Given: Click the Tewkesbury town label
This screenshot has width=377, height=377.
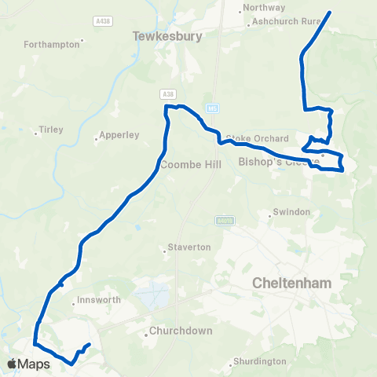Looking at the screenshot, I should (168, 36).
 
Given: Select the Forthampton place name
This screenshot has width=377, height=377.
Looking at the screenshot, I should (53, 45).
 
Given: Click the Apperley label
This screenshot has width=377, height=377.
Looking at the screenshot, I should (119, 135).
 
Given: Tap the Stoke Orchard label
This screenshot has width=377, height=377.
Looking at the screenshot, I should (248, 138).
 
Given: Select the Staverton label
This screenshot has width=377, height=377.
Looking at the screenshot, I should (189, 247).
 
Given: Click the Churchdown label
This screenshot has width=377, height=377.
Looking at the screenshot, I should (181, 331).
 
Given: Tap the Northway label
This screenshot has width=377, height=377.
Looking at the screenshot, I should (264, 9).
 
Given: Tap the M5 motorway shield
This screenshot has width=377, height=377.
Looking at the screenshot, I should (212, 107).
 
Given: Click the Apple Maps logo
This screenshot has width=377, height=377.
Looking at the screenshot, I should (29, 364).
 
